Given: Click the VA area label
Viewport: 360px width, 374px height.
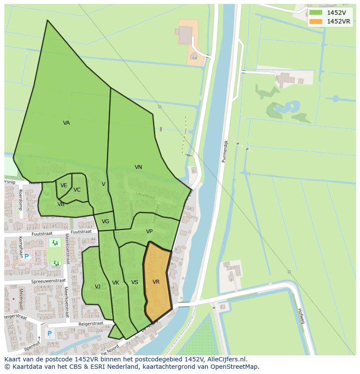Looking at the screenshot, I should [66, 123].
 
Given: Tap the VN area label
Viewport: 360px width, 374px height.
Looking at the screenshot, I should [138, 167].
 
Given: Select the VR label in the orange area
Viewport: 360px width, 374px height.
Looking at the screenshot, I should [156, 282].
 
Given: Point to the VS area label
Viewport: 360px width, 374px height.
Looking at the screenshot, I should [135, 282].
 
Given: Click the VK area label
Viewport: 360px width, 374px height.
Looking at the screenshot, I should [116, 283].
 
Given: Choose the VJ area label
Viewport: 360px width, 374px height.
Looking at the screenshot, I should [98, 286].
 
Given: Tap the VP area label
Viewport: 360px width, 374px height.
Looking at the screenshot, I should [149, 232].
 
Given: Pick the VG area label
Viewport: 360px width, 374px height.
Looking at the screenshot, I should [105, 222].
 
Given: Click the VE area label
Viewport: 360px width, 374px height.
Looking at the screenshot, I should [64, 185].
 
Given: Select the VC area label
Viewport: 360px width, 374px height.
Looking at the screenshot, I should [77, 190].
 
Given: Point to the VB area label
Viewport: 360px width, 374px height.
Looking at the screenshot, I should [61, 204].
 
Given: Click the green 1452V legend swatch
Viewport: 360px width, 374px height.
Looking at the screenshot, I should [316, 13].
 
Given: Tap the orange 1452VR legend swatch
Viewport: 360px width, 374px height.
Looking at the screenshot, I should [316, 21].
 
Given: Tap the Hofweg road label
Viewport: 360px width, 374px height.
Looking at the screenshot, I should [300, 316].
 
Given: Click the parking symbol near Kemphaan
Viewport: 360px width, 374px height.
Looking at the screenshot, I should [27, 257].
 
